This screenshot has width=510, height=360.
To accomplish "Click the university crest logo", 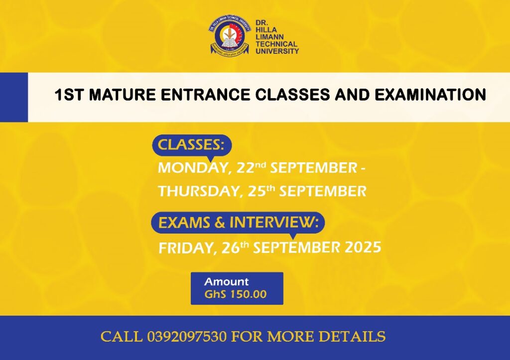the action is (x=230, y=36).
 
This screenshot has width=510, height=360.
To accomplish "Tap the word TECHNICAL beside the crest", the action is (x=276, y=44).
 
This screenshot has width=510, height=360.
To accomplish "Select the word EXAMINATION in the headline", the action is (x=430, y=95).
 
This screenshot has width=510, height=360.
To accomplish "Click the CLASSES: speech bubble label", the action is (x=192, y=145).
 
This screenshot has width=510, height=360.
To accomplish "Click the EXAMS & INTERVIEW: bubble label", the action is (x=238, y=223).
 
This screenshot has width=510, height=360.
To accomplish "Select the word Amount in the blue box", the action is (x=227, y=282).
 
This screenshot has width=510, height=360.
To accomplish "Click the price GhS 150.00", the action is (x=236, y=294).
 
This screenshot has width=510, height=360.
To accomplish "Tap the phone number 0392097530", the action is (x=187, y=337).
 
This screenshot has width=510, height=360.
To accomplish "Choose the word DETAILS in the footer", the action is (x=352, y=337).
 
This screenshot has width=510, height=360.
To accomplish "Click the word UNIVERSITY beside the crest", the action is (x=277, y=51).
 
